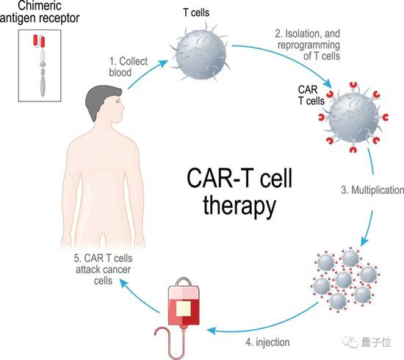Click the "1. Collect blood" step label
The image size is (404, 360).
click(x=129, y=67)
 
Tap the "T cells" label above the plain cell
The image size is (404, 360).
click(x=196, y=12)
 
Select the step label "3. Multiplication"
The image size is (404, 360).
click(x=372, y=190)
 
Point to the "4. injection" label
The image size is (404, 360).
click(x=267, y=342)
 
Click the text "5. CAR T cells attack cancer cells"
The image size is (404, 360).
click(x=103, y=270)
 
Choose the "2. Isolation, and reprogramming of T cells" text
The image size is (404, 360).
click(x=309, y=45)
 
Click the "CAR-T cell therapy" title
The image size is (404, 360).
click(x=239, y=192)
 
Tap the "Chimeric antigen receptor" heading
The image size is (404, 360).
click(x=40, y=12)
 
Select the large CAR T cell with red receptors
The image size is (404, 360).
click(x=353, y=118)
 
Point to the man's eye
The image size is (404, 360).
click(x=118, y=101)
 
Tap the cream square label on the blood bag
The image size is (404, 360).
click(x=184, y=309)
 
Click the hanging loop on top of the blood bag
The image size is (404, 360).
click(x=184, y=281)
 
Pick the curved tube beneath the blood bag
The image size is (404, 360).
click(x=169, y=342)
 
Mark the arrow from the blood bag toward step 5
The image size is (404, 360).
click(x=139, y=295)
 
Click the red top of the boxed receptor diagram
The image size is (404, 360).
click(x=39, y=41)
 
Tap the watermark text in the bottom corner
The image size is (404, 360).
click(x=367, y=342)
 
